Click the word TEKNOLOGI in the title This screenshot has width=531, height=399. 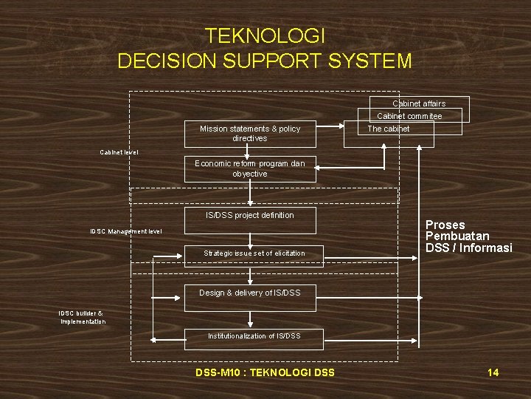(x=265, y=35)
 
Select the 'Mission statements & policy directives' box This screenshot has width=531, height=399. (x=250, y=134)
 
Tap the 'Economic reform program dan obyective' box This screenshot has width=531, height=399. (x=250, y=168)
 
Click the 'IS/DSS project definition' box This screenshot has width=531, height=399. (x=250, y=216)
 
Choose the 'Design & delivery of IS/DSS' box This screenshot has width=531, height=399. (x=250, y=293)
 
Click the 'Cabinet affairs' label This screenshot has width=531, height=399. (x=418, y=104)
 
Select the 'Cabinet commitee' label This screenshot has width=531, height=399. (x=409, y=116)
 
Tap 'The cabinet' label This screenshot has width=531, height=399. (x=389, y=129)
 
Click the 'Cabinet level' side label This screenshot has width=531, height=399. (x=119, y=152)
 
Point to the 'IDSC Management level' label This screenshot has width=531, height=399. (x=126, y=231)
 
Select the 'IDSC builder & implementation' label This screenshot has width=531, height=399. (x=83, y=317)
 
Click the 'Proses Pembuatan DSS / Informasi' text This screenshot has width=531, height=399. (x=468, y=236)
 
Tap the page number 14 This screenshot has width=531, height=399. (x=493, y=372)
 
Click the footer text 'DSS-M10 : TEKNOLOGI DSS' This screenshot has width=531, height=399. (x=265, y=372)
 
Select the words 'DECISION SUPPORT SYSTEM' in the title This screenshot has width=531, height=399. (x=265, y=61)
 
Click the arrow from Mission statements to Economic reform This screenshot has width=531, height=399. (x=250, y=150)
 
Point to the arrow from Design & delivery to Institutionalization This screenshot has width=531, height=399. (x=250, y=319)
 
